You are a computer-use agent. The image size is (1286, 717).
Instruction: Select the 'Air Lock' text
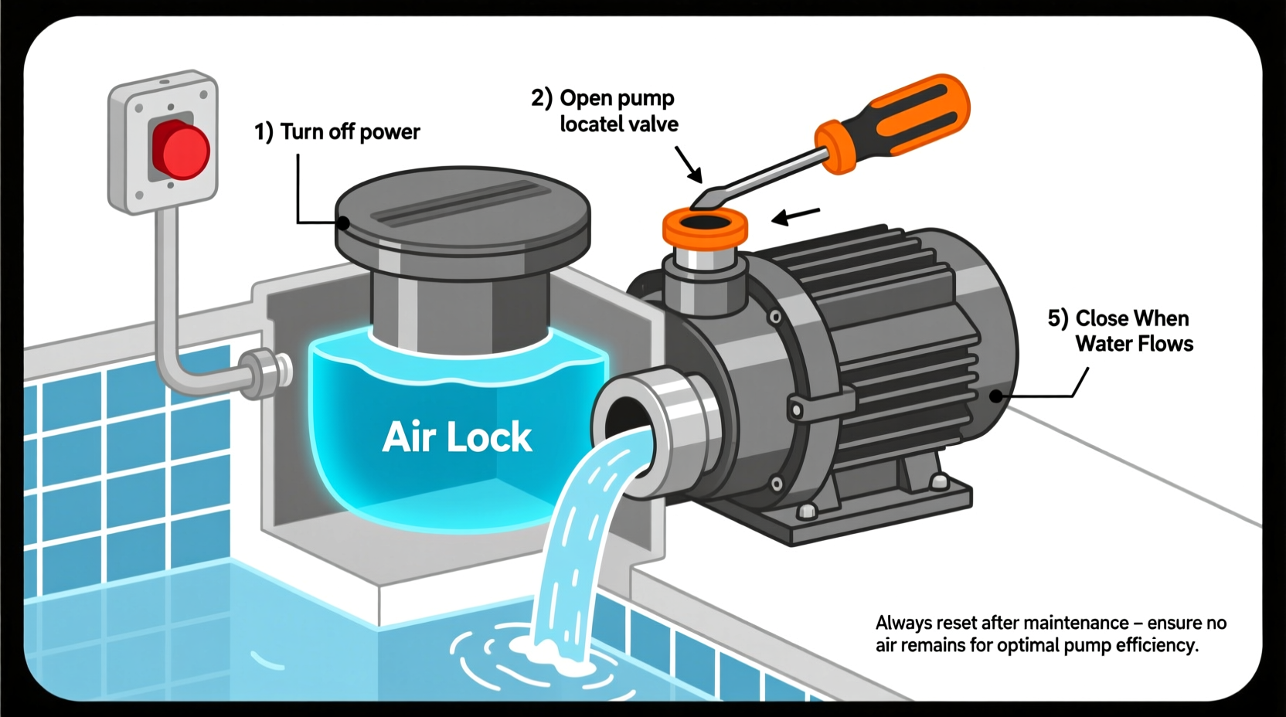coord(457,437)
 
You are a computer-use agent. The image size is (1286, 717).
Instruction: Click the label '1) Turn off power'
coord(337,132)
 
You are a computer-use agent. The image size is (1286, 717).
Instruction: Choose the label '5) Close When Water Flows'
coord(1120,331)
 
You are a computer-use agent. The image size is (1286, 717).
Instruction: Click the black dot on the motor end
coord(997,396)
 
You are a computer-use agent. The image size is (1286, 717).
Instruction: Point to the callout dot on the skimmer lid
coord(343,223)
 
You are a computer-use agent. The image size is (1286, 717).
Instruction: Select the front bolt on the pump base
coord(807,511)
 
